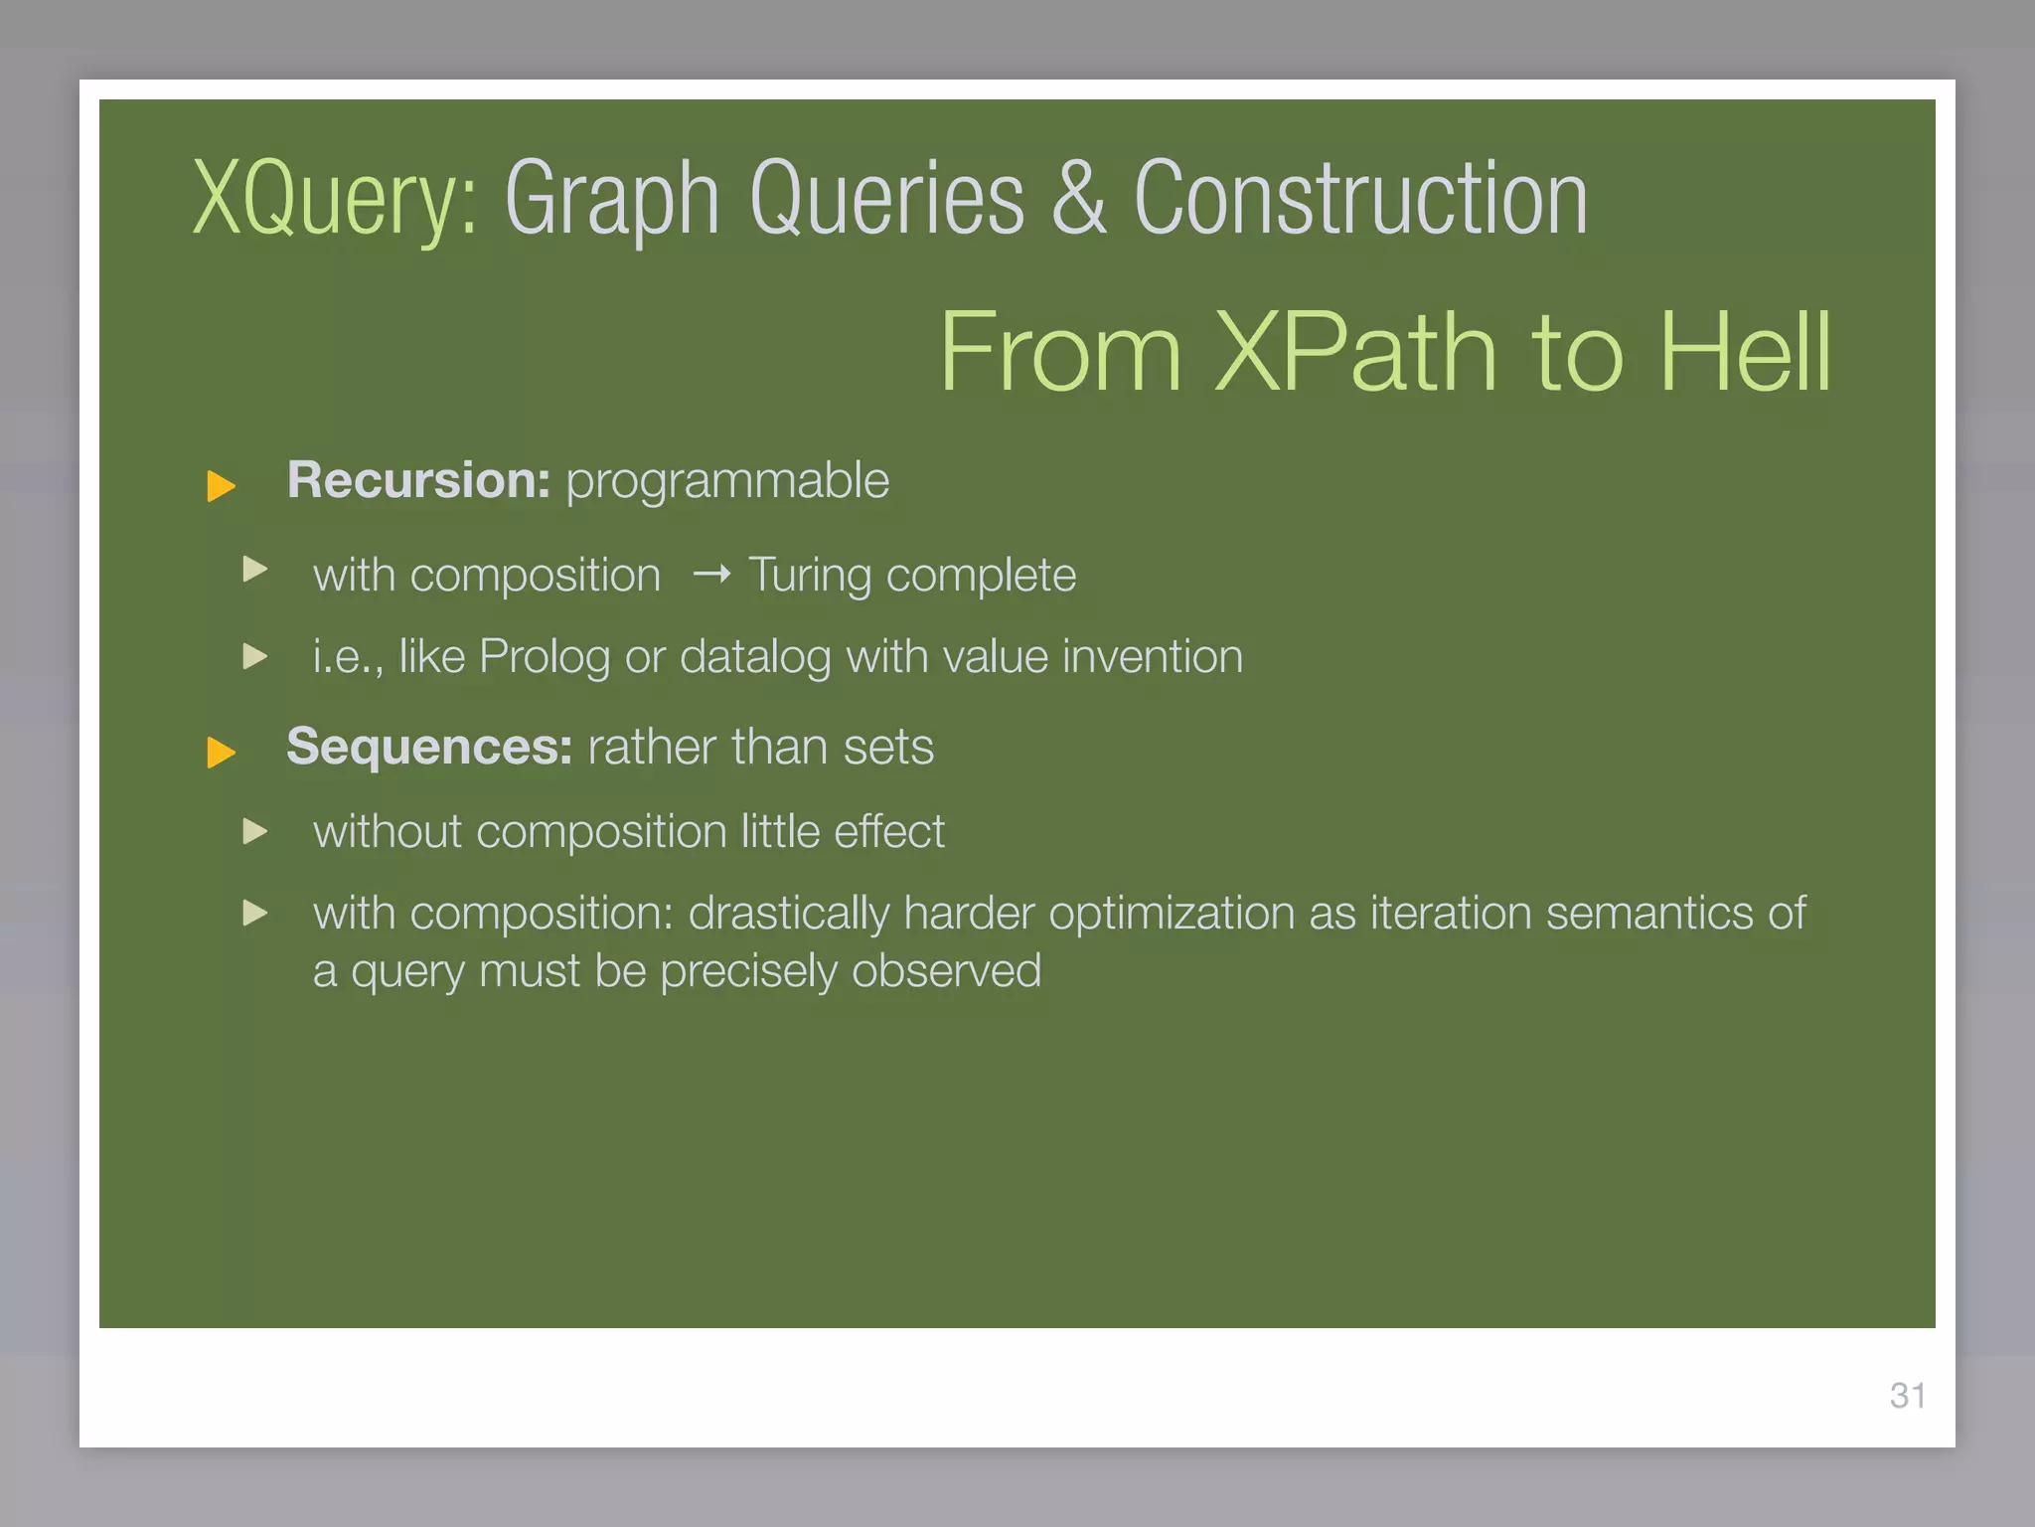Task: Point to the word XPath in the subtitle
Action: [1354, 352]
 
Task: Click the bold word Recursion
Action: [417, 480]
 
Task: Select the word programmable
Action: [727, 482]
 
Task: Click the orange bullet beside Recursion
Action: [221, 486]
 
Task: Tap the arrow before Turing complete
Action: [711, 574]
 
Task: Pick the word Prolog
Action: [544, 657]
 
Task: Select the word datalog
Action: [755, 657]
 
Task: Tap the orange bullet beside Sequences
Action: [221, 752]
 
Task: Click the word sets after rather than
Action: [888, 748]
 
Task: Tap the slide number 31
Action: [1907, 1396]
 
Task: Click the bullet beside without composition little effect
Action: [255, 831]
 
